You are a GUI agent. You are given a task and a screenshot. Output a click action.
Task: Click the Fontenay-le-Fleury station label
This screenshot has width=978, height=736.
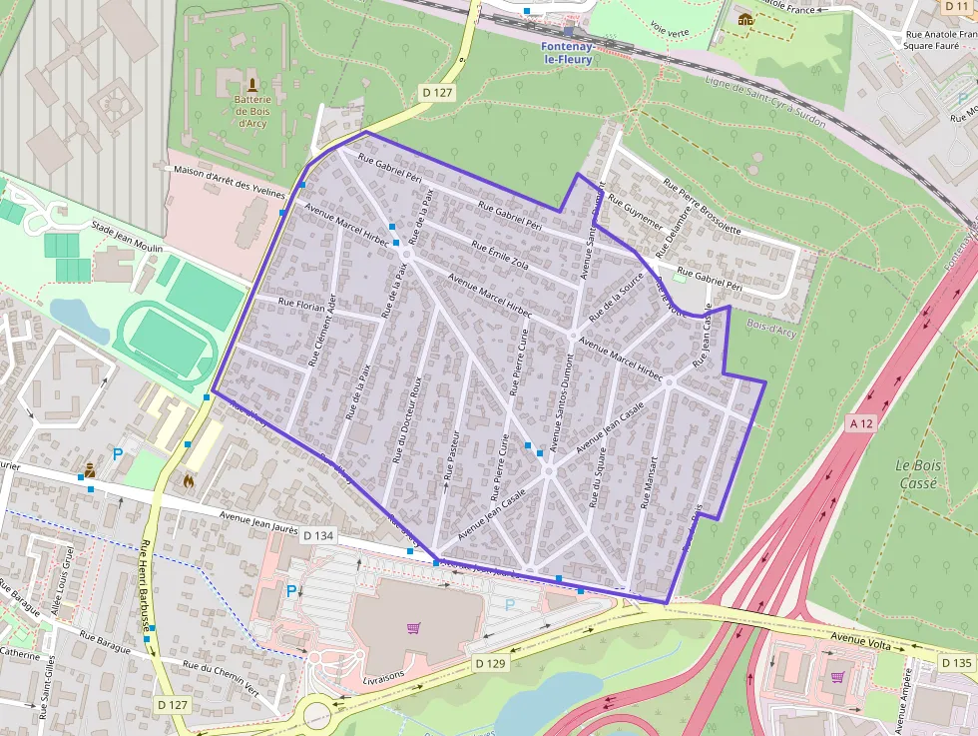(567, 53)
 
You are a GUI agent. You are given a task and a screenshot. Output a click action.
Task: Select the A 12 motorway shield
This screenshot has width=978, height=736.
(860, 423)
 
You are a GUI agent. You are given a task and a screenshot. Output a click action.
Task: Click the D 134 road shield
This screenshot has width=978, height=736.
(317, 536)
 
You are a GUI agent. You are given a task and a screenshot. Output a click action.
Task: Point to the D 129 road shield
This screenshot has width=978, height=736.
(490, 663)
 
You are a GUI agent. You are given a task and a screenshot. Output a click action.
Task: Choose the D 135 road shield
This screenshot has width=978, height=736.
(955, 663)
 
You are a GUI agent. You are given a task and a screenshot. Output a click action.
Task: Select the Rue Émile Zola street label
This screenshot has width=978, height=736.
(500, 254)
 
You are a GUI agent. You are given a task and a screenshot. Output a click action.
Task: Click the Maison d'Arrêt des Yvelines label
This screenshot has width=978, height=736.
(230, 181)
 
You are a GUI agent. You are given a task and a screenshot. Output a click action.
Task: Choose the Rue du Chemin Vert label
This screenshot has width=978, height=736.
(222, 665)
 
